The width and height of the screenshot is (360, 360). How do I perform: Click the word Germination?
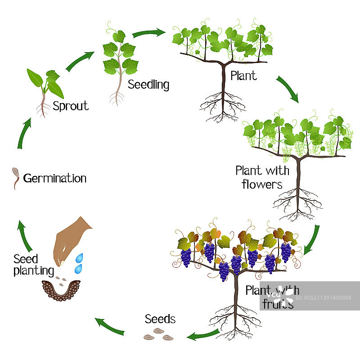[54, 178]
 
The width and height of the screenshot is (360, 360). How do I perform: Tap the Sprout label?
[71, 106]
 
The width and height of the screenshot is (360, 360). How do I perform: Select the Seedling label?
[148, 84]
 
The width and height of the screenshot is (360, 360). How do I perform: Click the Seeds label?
[160, 319]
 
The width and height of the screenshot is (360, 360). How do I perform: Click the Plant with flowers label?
[262, 177]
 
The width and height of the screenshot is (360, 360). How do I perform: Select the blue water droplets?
[80, 263]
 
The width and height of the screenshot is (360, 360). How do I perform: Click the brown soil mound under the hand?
[61, 290]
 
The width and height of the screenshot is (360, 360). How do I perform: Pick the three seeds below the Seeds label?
[158, 334]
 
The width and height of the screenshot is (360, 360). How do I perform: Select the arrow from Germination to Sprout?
[23, 134]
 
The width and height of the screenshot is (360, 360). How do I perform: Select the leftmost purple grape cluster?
[185, 257]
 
